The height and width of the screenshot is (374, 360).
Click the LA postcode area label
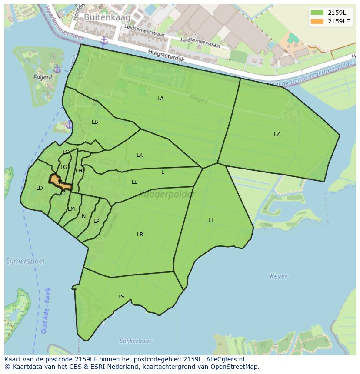pos(160,99)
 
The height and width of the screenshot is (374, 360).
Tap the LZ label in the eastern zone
pos(277,134)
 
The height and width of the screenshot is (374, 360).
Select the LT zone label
pos(211,220)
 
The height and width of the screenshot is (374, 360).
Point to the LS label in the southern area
pos(121,297)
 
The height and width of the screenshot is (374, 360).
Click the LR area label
pos(140,235)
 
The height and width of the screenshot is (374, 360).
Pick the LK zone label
pos(140,155)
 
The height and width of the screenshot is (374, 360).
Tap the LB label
pos(95,122)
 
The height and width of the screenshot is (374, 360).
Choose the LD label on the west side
pos(40,188)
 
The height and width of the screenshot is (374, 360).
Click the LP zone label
pos(97,221)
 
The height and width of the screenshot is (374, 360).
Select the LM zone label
pos(71,209)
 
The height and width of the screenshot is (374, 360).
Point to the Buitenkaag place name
pos(101,17)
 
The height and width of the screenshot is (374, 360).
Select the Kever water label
pos(279,276)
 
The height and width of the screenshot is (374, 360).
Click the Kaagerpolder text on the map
pos(167,195)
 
